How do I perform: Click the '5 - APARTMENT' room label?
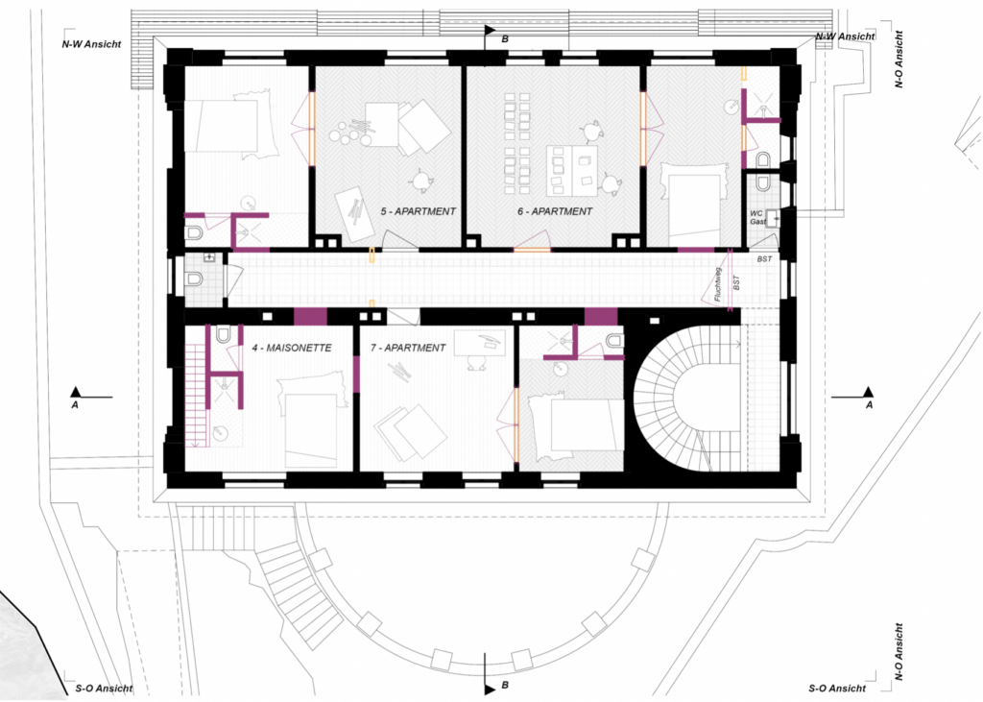tap(419, 211)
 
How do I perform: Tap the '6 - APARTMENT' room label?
tap(555, 211)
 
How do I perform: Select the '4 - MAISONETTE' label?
tap(292, 348)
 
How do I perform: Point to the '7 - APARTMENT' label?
tap(407, 348)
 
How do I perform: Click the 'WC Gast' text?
tap(757, 218)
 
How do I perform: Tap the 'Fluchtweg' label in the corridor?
tap(718, 284)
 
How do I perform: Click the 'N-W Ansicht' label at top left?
tap(91, 44)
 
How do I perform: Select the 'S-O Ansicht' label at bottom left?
tap(104, 689)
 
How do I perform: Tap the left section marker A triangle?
tap(76, 392)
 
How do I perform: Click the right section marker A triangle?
tap(868, 392)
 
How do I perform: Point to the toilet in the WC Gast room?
tap(761, 182)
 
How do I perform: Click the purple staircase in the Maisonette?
tap(196, 397)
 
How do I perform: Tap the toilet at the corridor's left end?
tap(194, 278)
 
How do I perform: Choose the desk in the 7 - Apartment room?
tap(479, 342)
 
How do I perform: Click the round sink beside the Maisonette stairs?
tap(220, 432)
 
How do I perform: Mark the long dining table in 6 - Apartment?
tap(571, 171)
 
